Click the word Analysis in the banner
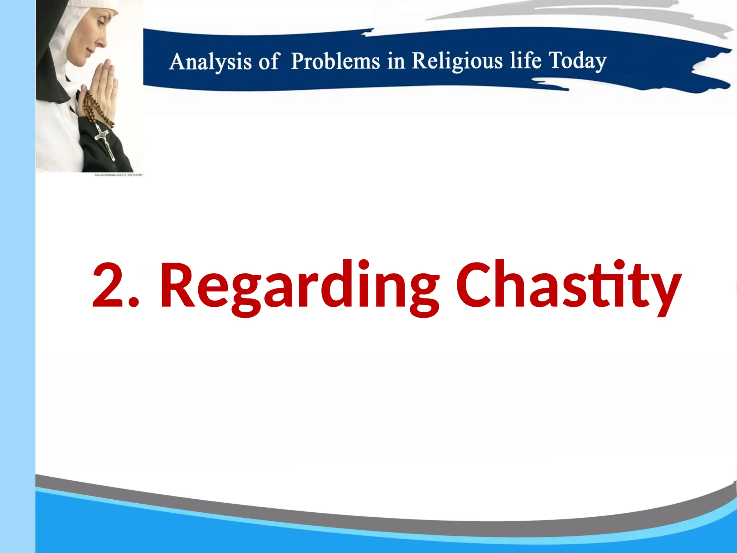[x=210, y=62]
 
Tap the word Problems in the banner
[x=335, y=61]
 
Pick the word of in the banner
[x=268, y=62]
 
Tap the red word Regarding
[x=299, y=286]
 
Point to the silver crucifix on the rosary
[x=104, y=142]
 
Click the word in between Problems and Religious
[x=396, y=61]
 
